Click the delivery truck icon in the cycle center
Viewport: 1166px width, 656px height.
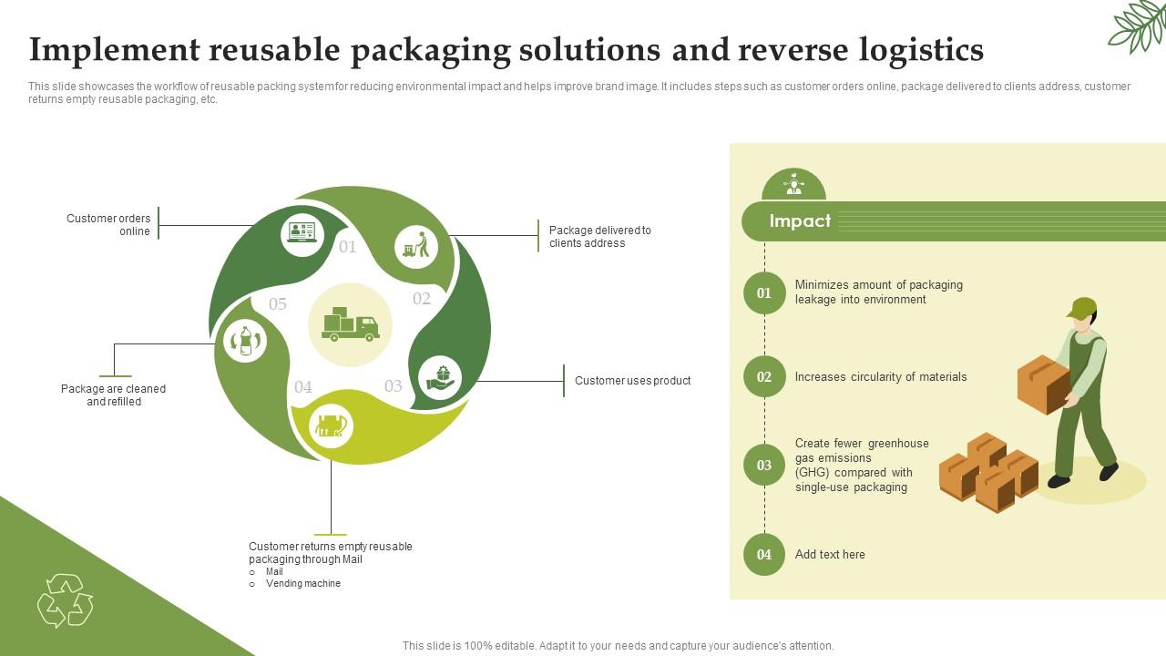[351, 324]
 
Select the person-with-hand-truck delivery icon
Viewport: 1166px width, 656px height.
[416, 246]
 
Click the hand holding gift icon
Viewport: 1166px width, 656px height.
[440, 377]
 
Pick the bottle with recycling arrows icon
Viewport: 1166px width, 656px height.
[245, 342]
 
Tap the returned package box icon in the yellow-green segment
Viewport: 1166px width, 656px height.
[331, 425]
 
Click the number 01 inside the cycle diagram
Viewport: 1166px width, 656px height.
[348, 247]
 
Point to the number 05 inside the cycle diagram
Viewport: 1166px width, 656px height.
[278, 304]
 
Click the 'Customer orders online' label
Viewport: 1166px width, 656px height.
[108, 225]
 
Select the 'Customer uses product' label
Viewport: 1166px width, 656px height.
[632, 381]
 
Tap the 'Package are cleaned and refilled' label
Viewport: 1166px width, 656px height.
[113, 395]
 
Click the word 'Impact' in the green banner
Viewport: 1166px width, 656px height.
[800, 221]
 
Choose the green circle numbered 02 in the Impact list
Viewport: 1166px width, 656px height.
[764, 377]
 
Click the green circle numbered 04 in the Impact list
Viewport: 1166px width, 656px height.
[764, 555]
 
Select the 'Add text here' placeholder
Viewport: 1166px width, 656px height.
[830, 555]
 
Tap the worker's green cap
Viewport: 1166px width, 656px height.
[1081, 308]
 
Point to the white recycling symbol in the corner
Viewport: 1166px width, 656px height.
[65, 600]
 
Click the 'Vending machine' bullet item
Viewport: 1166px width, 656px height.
[302, 584]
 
